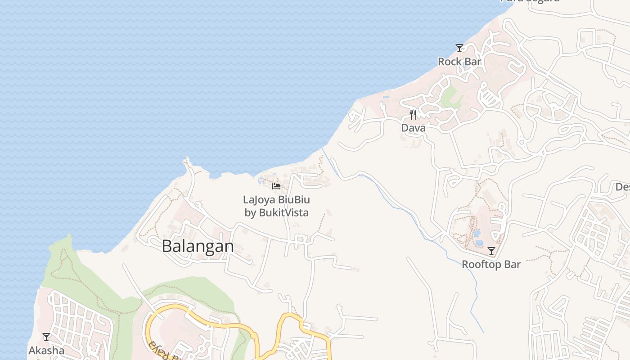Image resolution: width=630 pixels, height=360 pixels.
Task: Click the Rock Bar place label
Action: pyautogui.click(x=459, y=62)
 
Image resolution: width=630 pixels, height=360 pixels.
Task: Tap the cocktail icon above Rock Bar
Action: pyautogui.click(x=459, y=48)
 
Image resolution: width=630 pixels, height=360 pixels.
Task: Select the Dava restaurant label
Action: pyautogui.click(x=413, y=128)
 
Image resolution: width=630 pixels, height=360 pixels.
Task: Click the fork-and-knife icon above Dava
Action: pyautogui.click(x=413, y=115)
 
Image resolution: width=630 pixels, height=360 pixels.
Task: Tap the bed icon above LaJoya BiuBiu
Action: pyautogui.click(x=276, y=186)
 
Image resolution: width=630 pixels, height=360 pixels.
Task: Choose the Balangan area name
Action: pyautogui.click(x=198, y=246)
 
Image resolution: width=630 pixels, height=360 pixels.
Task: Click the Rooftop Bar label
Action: pyautogui.click(x=491, y=264)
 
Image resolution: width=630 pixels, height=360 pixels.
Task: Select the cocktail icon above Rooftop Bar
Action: pyautogui.click(x=491, y=251)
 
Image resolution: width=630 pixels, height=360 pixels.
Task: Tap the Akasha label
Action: pyautogui.click(x=46, y=350)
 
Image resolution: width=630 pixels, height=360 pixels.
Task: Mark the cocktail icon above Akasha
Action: pyautogui.click(x=46, y=337)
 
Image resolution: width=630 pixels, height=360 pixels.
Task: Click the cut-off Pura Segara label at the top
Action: pyautogui.click(x=530, y=1)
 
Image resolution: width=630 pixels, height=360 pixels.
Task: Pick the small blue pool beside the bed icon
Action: pyautogui.click(x=262, y=181)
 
